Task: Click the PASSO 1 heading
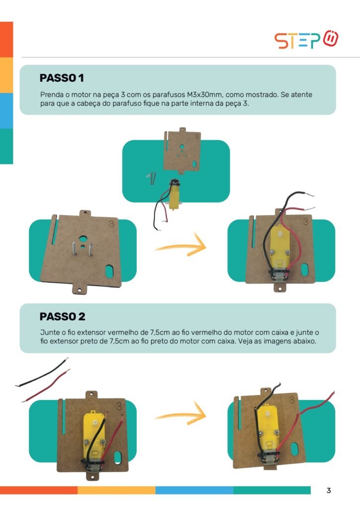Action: tap(62, 78)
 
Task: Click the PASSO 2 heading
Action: tap(62, 317)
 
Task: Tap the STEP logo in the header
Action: tap(306, 40)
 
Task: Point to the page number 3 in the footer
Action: tap(329, 491)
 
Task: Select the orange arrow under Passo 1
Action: tap(181, 246)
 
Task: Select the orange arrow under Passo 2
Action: tap(181, 414)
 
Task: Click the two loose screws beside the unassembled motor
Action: tap(151, 178)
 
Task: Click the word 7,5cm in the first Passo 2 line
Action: tap(158, 332)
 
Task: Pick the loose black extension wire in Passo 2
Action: tap(42, 373)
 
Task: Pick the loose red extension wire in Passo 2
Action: tap(46, 385)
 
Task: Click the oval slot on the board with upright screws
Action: tap(109, 271)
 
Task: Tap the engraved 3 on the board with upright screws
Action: tap(111, 224)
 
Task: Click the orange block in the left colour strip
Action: tap(6, 40)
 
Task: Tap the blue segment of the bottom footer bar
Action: tap(194, 490)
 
